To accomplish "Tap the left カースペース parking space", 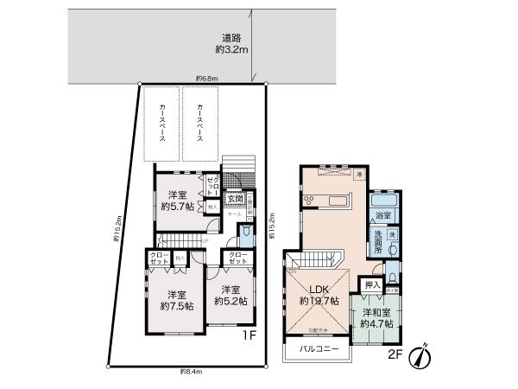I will (161, 124).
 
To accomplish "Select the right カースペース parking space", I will (200, 124).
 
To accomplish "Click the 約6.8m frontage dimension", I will (205, 79).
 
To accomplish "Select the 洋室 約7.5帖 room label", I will (176, 299).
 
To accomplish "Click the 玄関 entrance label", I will (234, 198).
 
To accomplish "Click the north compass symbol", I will (419, 355).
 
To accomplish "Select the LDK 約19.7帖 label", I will (317, 295).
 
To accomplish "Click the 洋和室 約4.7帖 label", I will (377, 318).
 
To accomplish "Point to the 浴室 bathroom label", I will (383, 214).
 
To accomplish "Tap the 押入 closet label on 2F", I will (372, 284).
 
